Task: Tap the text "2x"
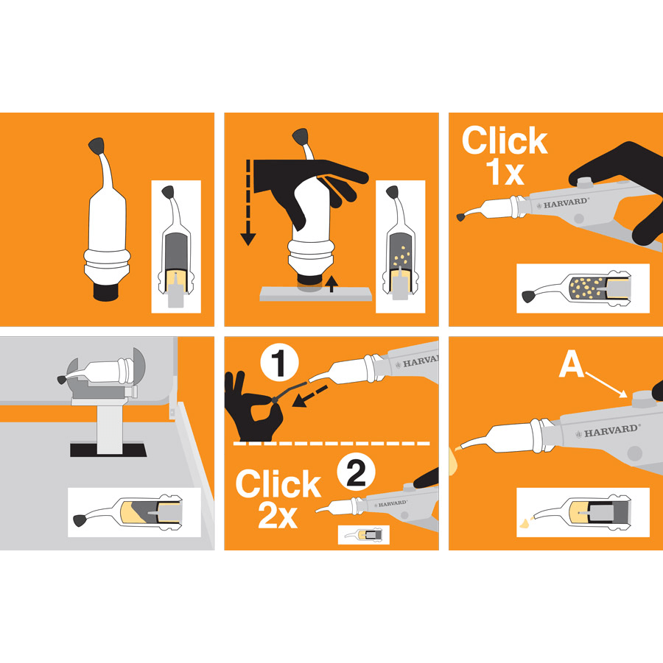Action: pos(278,515)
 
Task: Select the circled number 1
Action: pos(279,363)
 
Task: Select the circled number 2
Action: pos(356,472)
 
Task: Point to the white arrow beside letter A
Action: pos(606,385)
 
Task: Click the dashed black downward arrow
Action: pos(248,202)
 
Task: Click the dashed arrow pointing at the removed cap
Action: pos(309,396)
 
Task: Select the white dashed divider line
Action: pos(331,444)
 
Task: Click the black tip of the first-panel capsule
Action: pos(97,146)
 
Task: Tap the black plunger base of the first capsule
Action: pos(106,291)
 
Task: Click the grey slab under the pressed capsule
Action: pos(316,294)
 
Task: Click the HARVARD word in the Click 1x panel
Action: pos(566,203)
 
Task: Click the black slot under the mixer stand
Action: pos(108,450)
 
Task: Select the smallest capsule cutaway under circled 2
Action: pos(364,535)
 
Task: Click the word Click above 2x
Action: pos(278,483)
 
